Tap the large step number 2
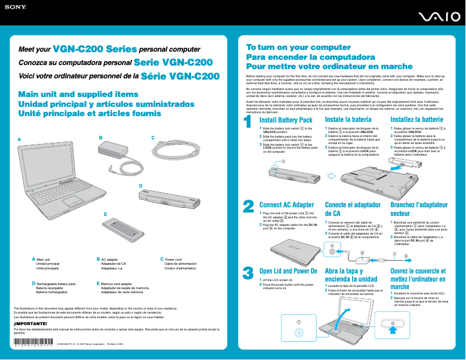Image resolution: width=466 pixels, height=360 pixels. click(248, 207)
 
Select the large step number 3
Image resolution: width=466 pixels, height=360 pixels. click(248, 273)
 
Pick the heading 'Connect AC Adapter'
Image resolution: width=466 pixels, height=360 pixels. click(286, 205)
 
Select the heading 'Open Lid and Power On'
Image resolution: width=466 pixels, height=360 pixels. click(288, 271)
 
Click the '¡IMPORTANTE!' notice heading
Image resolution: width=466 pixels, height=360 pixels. click(30, 323)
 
